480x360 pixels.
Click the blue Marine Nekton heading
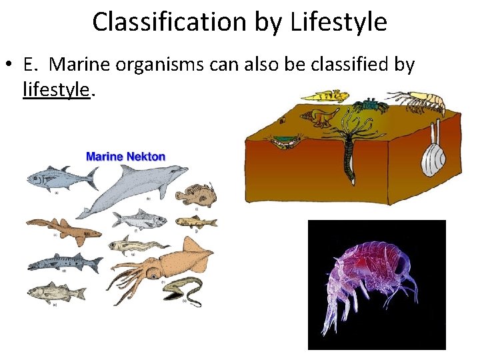pos(126,157)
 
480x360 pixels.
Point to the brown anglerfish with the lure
pos(195,195)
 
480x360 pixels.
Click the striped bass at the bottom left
pos(57,292)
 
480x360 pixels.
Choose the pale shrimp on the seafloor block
pos(423,101)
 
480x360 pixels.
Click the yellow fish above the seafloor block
pos(325,97)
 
